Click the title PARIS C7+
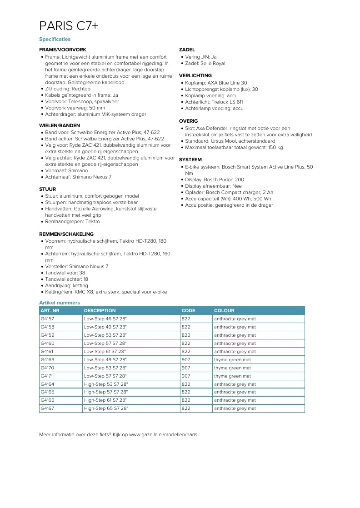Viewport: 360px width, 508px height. pyautogui.click(x=68, y=25)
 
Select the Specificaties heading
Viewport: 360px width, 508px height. pyautogui.click(x=55, y=40)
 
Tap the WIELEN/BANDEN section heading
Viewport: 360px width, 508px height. pyautogui.click(x=60, y=125)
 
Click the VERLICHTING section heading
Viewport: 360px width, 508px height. pyautogui.click(x=195, y=75)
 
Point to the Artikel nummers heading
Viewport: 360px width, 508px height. pyautogui.click(x=59, y=303)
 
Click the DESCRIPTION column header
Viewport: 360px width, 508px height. pyautogui.click(x=100, y=311)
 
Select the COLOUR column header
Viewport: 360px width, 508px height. pyautogui.click(x=224, y=311)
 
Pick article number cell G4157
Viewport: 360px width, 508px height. pyautogui.click(x=47, y=319)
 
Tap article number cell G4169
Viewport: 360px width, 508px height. pyautogui.click(x=47, y=359)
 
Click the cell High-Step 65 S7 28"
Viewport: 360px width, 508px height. pyautogui.click(x=106, y=408)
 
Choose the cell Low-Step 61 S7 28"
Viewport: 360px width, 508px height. pyautogui.click(x=105, y=352)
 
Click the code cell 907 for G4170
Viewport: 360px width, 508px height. pyautogui.click(x=186, y=368)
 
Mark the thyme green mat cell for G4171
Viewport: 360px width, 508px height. pyautogui.click(x=232, y=376)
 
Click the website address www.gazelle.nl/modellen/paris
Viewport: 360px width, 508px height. pyautogui.click(x=163, y=434)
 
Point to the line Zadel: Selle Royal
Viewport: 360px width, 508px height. pyautogui.click(x=205, y=64)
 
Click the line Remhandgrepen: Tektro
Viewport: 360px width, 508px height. pyautogui.click(x=72, y=222)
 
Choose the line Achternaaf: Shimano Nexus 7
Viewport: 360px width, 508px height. pyautogui.click(x=78, y=177)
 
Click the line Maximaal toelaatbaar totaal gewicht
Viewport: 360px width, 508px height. pyautogui.click(x=234, y=148)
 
